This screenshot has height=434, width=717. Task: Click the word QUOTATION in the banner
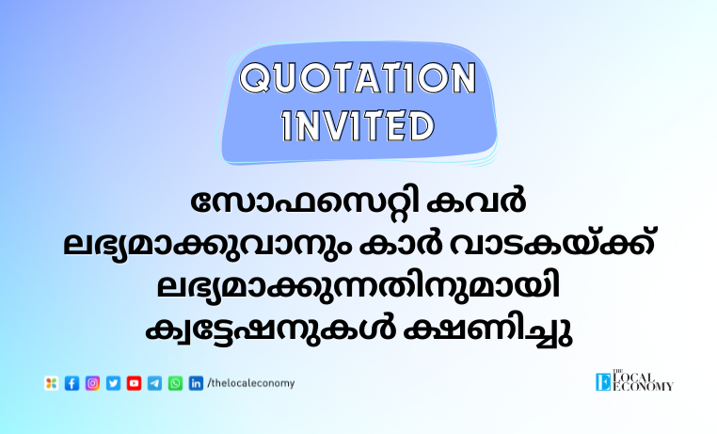358,78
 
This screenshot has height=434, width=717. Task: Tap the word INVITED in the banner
358,125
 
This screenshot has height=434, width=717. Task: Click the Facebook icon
72,383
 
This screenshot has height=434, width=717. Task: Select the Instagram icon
92,383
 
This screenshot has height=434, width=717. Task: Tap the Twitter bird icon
114,383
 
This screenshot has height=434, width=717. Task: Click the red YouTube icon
134,383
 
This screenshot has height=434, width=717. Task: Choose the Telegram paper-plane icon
154,383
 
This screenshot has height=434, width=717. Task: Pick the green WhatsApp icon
175,383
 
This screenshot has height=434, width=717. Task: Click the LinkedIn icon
196,383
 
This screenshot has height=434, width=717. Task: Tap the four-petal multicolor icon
51,383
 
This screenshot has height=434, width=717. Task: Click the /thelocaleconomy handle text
251,383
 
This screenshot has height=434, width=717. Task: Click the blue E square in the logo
603,382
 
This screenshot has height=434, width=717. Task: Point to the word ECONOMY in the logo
643,387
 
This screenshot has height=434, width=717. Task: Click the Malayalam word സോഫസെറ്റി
305,201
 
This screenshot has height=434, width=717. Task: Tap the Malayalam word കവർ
475,201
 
